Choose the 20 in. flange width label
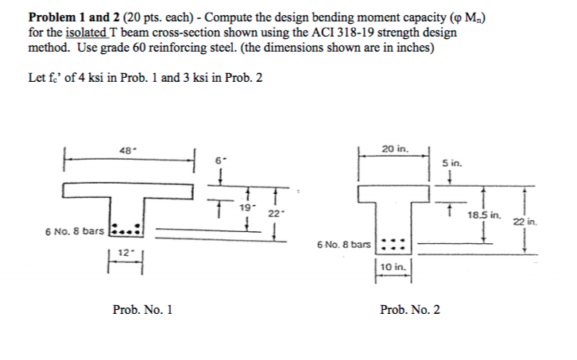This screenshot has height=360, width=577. pos(394,148)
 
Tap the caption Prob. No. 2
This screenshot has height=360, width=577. pos(410,308)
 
